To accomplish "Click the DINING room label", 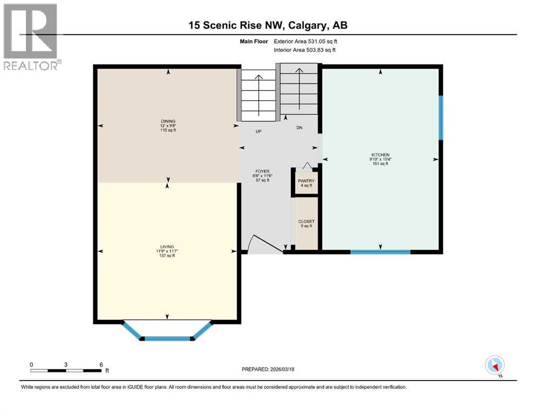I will coord(167,121).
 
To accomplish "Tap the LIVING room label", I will coord(167,246).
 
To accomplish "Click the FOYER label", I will coord(262,171).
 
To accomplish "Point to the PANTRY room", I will coord(306,182).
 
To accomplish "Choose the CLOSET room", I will coord(306,222).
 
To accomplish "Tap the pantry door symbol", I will coord(307,165).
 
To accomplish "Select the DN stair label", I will coord(298,128).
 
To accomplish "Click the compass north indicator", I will coord(494,365).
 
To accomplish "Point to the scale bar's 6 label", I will coord(101,364).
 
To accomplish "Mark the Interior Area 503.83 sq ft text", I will coord(304,50).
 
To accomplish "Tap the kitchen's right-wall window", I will coord(441,118).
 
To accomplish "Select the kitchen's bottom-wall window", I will coord(380,252).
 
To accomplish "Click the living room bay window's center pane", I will coord(167,339).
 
